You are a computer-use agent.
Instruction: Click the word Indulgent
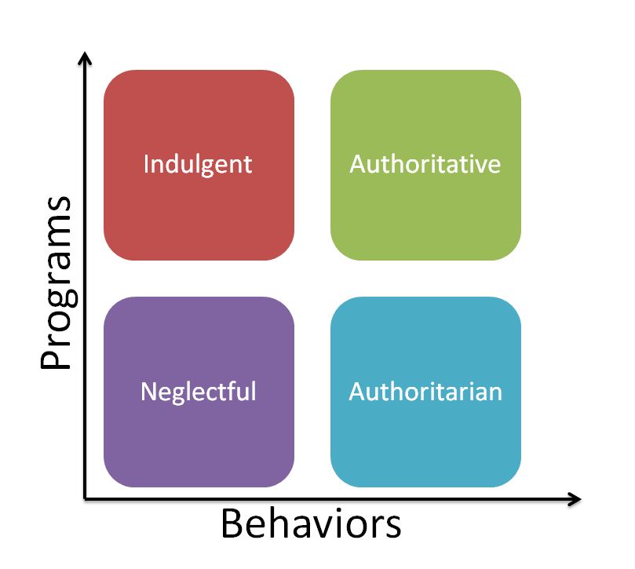click(x=198, y=164)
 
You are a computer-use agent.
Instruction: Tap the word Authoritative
click(x=425, y=164)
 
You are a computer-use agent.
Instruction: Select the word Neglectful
click(x=198, y=391)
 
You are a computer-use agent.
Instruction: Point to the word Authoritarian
click(x=425, y=391)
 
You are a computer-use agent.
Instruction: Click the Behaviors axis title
click(x=311, y=524)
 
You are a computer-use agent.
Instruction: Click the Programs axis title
click(x=57, y=283)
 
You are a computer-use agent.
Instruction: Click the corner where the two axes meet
click(x=86, y=498)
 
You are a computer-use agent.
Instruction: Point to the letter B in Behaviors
click(x=233, y=524)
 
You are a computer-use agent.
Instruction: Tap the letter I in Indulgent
click(x=147, y=164)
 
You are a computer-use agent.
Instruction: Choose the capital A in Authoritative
click(x=358, y=164)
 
